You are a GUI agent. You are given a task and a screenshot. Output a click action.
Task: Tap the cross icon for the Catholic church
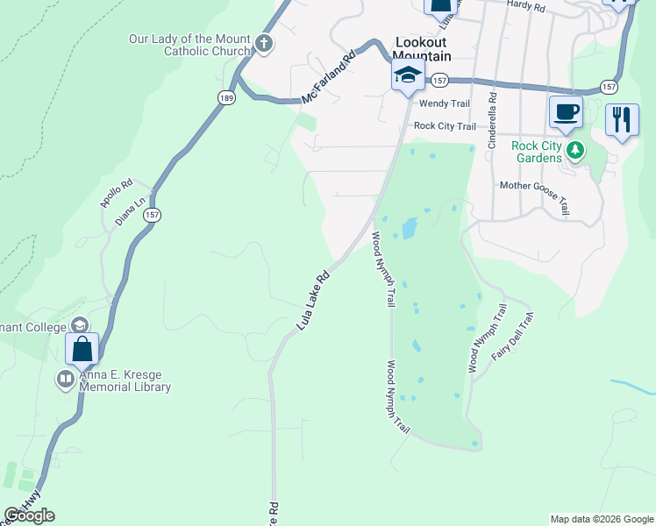point(262,44)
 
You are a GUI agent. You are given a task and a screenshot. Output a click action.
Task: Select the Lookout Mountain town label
point(422,49)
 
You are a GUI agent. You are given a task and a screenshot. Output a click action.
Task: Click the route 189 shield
point(227,98)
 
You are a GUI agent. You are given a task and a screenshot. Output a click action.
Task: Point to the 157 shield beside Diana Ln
point(153,215)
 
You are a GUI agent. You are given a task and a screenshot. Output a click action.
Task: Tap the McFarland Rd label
point(329,78)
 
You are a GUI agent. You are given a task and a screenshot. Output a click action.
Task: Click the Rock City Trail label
point(445,126)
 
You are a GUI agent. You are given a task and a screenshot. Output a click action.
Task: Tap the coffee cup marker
point(566,112)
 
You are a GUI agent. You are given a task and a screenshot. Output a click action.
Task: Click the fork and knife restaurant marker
point(622,119)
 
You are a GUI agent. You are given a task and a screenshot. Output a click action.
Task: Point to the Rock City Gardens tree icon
point(575,150)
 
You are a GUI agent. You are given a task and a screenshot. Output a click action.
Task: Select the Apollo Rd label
point(116,194)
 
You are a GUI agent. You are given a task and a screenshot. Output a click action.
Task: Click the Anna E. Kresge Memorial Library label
point(123,380)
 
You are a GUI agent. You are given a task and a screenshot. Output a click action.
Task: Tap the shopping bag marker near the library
point(82,349)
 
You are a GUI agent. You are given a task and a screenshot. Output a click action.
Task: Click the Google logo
point(29,515)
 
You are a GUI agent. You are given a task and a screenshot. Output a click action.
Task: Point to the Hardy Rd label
point(526,6)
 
